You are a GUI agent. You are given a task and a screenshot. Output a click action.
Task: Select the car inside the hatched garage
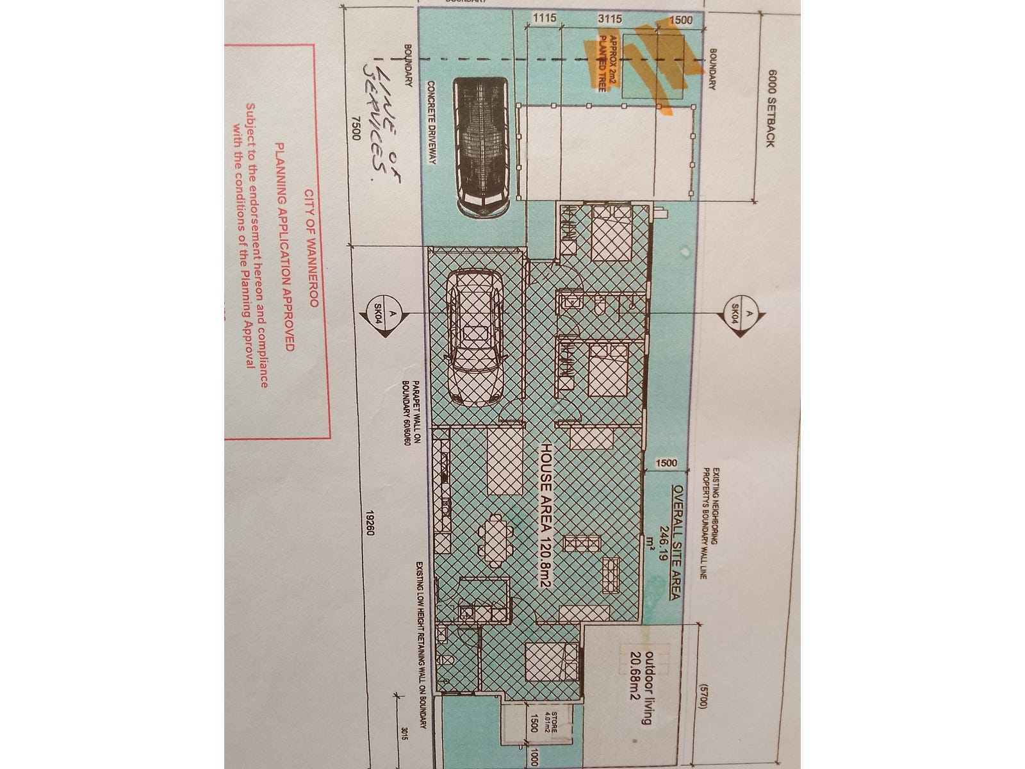coord(475,337)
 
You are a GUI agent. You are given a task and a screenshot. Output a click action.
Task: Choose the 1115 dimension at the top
coord(546,19)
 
